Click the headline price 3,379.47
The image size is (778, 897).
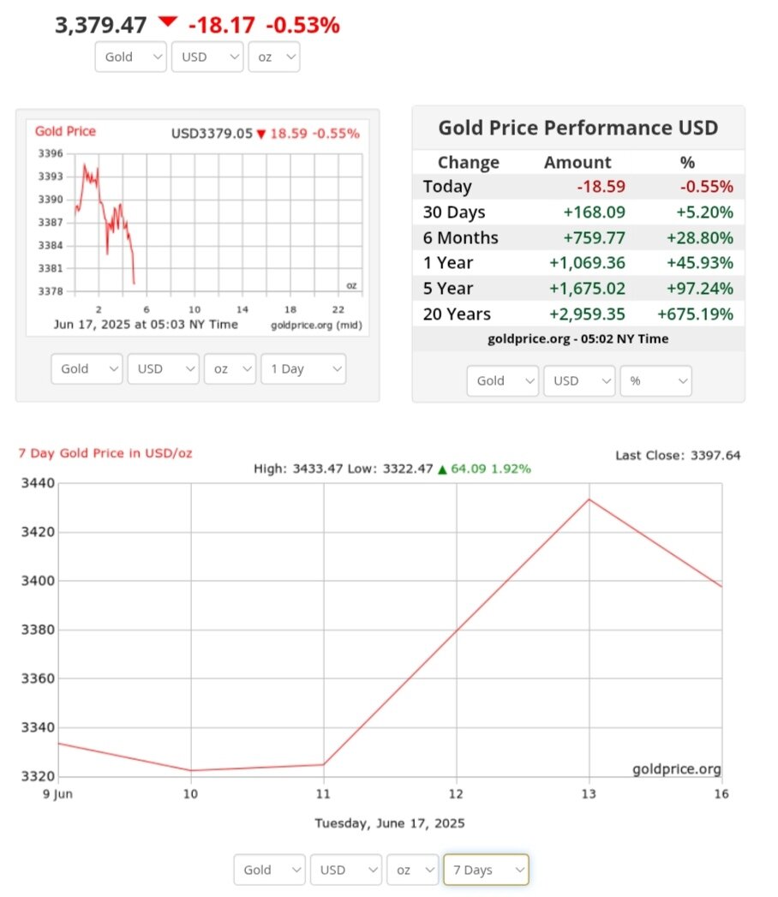100,25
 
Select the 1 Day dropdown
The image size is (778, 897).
303,369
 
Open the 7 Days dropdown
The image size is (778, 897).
486,870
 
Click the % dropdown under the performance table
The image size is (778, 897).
655,380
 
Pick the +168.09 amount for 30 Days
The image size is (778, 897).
596,212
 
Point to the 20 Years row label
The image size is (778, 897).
457,314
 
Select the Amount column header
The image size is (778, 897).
578,163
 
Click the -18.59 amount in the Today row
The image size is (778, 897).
601,187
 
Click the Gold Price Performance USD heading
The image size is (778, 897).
578,129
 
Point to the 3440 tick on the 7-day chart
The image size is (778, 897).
38,483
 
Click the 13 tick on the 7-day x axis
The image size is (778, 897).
589,794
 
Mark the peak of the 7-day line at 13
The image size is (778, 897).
589,499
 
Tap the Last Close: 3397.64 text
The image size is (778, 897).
678,455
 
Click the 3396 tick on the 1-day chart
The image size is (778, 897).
51,154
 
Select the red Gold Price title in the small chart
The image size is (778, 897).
65,132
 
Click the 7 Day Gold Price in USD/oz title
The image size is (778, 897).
105,452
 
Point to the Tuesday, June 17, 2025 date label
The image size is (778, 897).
389,823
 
